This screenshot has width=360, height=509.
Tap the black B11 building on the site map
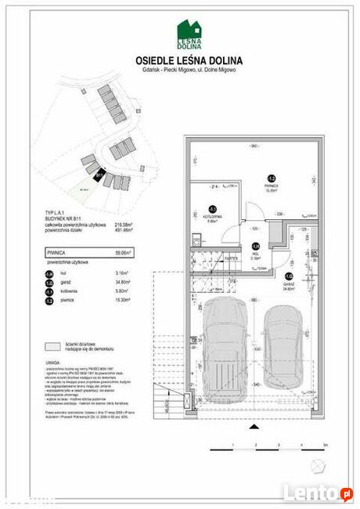pyautogui.click(x=98, y=176)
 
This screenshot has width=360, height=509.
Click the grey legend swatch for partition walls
pyautogui.click(x=53, y=345)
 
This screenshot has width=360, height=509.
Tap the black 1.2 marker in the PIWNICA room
pyautogui.click(x=271, y=179)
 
